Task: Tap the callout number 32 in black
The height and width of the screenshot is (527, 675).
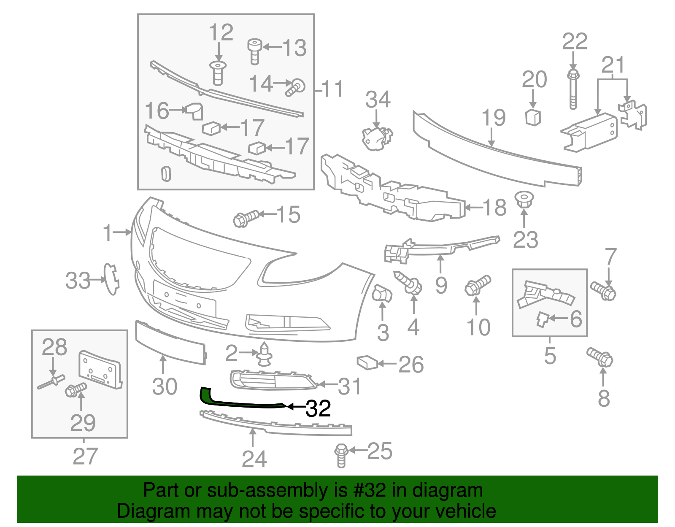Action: pyautogui.click(x=318, y=408)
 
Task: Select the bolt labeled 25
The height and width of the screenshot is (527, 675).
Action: pyautogui.click(x=341, y=455)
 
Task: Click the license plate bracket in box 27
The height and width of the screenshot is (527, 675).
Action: pyautogui.click(x=100, y=370)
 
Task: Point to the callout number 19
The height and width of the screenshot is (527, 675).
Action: pyautogui.click(x=493, y=118)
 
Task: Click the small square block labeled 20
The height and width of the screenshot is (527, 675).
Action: pyautogui.click(x=533, y=117)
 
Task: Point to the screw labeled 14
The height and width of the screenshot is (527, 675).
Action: pyautogui.click(x=296, y=87)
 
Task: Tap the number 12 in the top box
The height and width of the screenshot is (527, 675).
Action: pyautogui.click(x=221, y=32)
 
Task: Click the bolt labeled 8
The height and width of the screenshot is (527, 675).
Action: pyautogui.click(x=600, y=358)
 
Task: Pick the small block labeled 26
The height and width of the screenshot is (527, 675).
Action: pyautogui.click(x=367, y=362)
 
